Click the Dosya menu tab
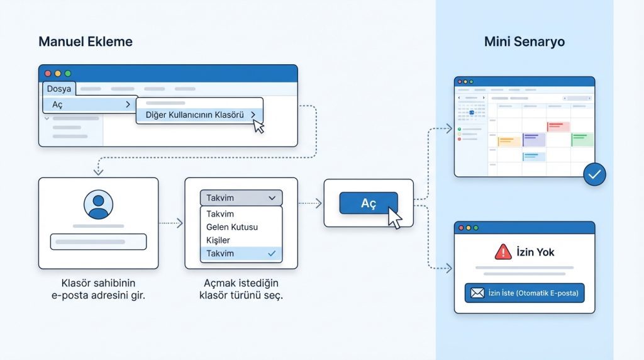pyautogui.click(x=58, y=89)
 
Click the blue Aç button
pyautogui.click(x=369, y=203)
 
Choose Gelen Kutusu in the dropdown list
pyautogui.click(x=232, y=227)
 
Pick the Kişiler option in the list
pyautogui.click(x=218, y=240)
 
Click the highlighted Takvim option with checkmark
pyautogui.click(x=241, y=254)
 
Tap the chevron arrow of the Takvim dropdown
pyautogui.click(x=272, y=198)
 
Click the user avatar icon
pyautogui.click(x=99, y=205)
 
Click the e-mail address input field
pyautogui.click(x=98, y=242)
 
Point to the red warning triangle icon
pyautogui.click(x=503, y=252)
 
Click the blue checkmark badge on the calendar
pyautogui.click(x=594, y=174)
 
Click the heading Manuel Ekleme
pyautogui.click(x=86, y=42)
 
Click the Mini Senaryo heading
pyautogui.click(x=525, y=42)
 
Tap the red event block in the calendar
pyautogui.click(x=558, y=127)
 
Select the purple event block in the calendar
pyautogui.click(x=534, y=140)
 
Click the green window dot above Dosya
pyautogui.click(x=68, y=74)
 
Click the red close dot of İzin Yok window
pyautogui.click(x=461, y=228)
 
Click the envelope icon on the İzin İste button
pyautogui.click(x=477, y=293)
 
